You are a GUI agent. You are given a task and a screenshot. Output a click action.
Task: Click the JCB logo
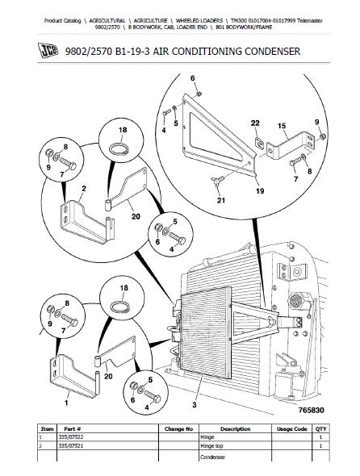48,51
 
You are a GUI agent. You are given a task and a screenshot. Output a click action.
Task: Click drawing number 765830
311,410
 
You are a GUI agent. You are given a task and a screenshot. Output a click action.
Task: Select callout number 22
255,123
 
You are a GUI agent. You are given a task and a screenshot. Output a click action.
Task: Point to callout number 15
282,125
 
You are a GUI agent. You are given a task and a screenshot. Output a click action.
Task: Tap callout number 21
221,200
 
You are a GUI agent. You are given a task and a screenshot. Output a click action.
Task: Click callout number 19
260,191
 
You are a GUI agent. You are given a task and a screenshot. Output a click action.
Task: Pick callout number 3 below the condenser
195,404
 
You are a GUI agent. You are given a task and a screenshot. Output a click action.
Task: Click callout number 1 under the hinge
66,403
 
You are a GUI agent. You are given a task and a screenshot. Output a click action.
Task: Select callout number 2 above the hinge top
84,189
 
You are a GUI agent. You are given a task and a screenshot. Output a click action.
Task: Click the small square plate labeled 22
258,142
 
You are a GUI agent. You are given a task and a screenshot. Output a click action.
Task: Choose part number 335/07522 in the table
71,436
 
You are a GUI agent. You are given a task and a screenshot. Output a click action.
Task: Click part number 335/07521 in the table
71,445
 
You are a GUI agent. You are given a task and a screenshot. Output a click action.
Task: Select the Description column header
235,428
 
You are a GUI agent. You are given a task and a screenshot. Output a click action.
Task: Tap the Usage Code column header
291,428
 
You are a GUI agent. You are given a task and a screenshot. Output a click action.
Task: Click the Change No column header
178,428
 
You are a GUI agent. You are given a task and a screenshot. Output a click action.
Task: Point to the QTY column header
320,428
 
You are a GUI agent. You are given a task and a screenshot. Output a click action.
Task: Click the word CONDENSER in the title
272,51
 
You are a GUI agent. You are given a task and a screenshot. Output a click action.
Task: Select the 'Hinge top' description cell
211,445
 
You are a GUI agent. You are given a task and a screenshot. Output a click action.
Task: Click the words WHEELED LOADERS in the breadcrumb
199,21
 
